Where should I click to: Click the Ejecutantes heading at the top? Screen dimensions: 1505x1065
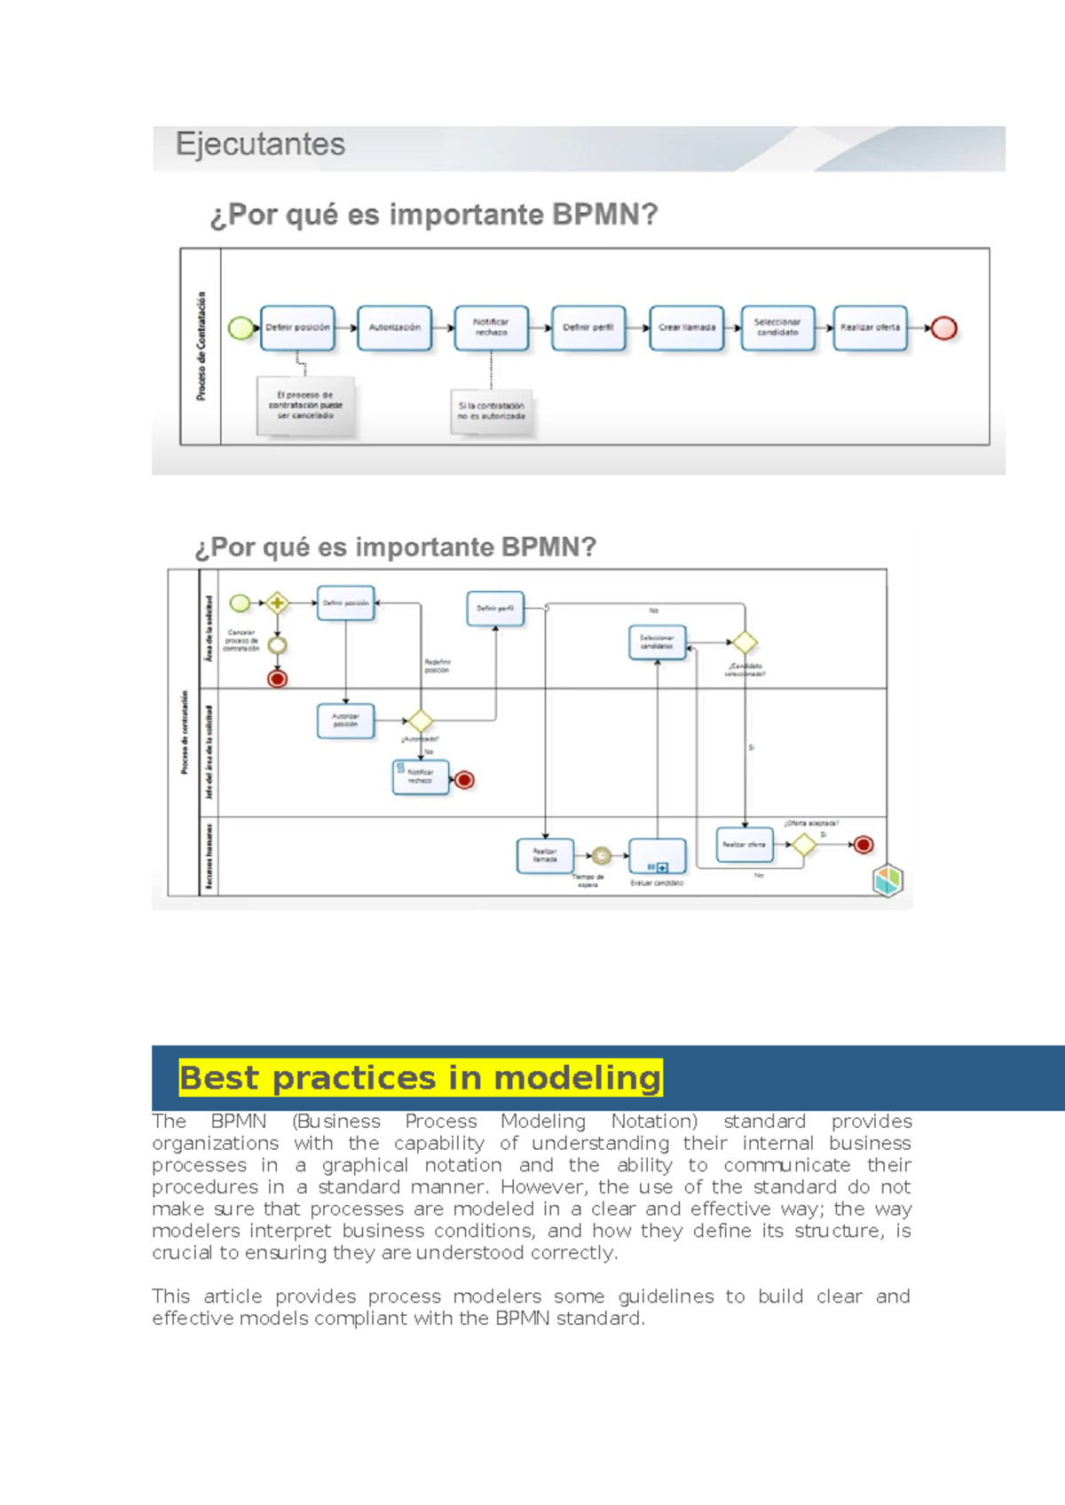[260, 145]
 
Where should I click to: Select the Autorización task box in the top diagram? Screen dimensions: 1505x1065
[395, 327]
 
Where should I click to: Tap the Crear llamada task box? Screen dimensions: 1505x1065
[686, 327]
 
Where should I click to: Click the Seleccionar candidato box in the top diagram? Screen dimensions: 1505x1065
[777, 327]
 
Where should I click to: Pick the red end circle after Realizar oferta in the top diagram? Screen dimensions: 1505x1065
[944, 328]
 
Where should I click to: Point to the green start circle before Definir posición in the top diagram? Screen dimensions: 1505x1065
[241, 328]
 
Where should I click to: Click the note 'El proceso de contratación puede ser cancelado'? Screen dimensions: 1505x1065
[305, 406]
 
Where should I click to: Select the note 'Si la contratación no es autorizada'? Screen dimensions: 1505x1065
[492, 411]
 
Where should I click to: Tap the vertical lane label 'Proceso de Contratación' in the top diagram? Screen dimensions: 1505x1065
[201, 346]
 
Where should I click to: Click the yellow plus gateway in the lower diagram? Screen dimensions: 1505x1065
[277, 603]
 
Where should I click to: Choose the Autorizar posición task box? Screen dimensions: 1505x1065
[345, 721]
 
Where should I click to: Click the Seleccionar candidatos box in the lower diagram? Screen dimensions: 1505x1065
[657, 642]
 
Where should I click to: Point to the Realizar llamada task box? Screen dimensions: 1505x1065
[545, 855]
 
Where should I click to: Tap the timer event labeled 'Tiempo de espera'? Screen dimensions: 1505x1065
[601, 855]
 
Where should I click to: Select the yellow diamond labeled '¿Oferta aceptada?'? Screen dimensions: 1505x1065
[803, 845]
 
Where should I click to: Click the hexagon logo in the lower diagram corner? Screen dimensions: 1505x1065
[887, 879]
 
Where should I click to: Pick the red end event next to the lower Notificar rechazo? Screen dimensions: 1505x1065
[464, 780]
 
